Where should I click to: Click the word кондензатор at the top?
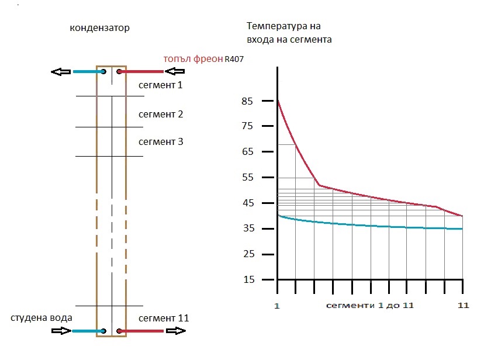[x=99, y=28]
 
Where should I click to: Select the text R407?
[x=234, y=60]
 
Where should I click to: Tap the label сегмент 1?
[x=161, y=85]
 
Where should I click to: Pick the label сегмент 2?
[x=161, y=114]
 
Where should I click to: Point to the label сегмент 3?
[x=161, y=141]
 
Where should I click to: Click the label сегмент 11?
[x=164, y=319]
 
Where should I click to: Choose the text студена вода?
[x=41, y=318]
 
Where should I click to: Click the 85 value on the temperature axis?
[x=247, y=101]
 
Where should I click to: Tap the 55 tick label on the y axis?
[x=247, y=178]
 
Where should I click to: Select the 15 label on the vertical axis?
[x=247, y=279]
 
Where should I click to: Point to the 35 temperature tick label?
[x=247, y=229]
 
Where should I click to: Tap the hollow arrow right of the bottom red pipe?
[x=175, y=331]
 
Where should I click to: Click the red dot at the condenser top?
[x=119, y=72]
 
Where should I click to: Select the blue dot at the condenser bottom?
[x=103, y=331]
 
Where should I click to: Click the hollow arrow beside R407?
[x=175, y=72]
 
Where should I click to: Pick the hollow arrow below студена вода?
[x=60, y=331]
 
